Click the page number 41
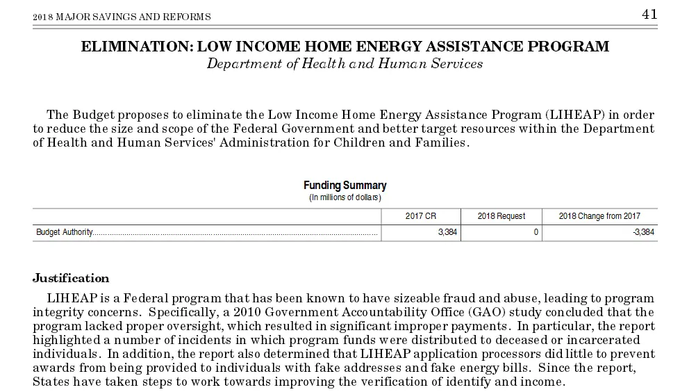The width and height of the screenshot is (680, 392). (x=649, y=15)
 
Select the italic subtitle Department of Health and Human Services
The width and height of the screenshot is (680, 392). (x=345, y=63)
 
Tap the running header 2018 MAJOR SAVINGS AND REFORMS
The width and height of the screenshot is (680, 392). (x=122, y=17)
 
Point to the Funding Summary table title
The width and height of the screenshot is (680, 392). (x=345, y=186)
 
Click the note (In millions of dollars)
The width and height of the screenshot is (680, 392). (x=345, y=197)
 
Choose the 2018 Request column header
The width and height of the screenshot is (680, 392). (x=501, y=216)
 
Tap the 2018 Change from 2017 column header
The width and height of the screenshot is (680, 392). (x=599, y=216)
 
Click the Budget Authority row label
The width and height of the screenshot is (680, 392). (x=65, y=233)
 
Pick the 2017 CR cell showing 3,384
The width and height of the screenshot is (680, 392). (x=447, y=233)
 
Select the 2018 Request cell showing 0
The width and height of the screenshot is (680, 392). (x=536, y=233)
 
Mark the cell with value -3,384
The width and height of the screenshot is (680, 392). (x=644, y=233)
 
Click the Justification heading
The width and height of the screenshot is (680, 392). (x=71, y=279)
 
